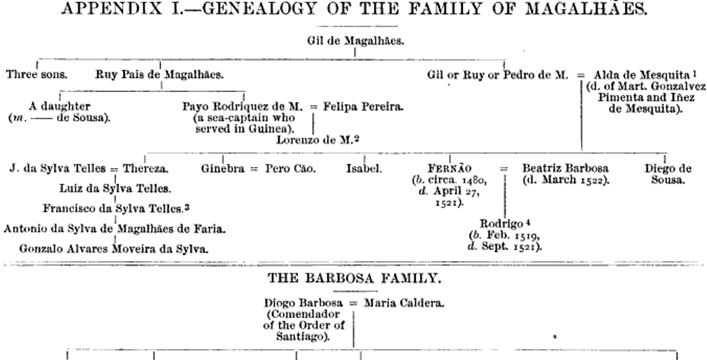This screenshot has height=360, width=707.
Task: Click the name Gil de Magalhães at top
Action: click(355, 42)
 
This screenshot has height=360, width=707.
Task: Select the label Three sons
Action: click(37, 74)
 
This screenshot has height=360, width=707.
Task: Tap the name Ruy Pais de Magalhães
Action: click(158, 74)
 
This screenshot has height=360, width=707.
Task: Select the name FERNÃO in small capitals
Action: click(450, 169)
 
